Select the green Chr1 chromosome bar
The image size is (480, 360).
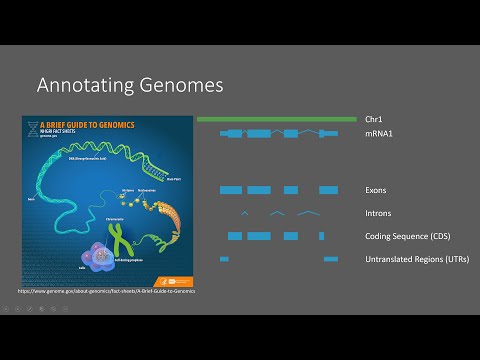(x=276, y=119)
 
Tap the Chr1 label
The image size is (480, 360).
(x=374, y=119)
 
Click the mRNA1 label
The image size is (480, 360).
(x=379, y=133)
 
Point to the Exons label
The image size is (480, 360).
(x=376, y=190)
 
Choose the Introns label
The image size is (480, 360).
(x=378, y=213)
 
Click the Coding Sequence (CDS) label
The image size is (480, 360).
(x=406, y=236)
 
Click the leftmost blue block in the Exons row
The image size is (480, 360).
(x=231, y=190)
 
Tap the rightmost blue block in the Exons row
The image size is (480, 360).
(x=329, y=190)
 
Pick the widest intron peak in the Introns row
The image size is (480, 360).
(x=308, y=213)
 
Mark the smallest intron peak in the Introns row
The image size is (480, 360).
(x=244, y=213)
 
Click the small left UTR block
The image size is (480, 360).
(x=224, y=260)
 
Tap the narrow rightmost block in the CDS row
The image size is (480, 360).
(x=321, y=236)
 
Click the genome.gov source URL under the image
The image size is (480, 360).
(x=108, y=291)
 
